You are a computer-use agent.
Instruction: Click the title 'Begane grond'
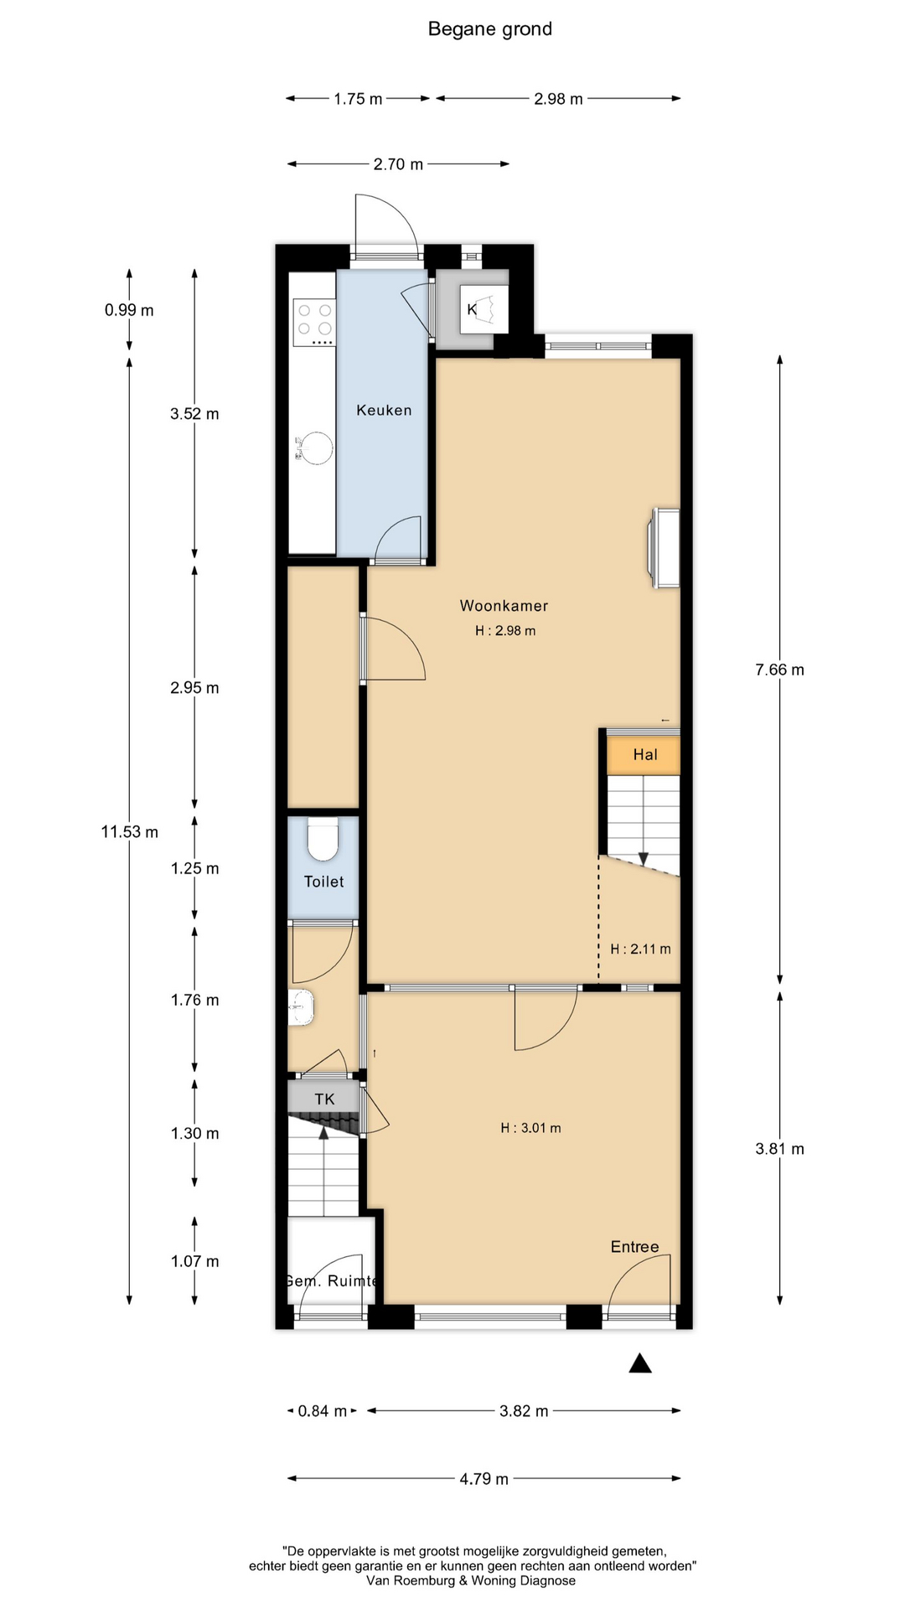(490, 29)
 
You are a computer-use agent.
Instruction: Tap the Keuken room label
(384, 410)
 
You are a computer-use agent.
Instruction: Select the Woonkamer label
(504, 605)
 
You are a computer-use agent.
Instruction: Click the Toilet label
(323, 881)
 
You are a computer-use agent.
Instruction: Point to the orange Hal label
(645, 754)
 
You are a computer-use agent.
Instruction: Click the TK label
(324, 1099)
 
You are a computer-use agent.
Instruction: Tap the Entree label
(634, 1246)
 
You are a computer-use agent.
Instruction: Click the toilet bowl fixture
(323, 839)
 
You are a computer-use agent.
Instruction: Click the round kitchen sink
(315, 448)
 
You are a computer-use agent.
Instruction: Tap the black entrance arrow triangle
(640, 1363)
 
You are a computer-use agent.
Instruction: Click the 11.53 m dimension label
(129, 832)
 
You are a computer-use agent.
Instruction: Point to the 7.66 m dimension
(779, 670)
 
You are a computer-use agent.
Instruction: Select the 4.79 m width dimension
(484, 1479)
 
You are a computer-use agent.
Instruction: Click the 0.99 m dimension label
(129, 310)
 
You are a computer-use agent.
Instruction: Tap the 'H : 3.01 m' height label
(530, 1128)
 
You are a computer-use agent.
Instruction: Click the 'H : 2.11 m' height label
(640, 949)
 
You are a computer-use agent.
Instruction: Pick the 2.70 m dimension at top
(398, 164)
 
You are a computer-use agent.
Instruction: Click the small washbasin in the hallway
(301, 1007)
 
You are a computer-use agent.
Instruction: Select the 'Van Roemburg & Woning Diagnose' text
(471, 1581)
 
